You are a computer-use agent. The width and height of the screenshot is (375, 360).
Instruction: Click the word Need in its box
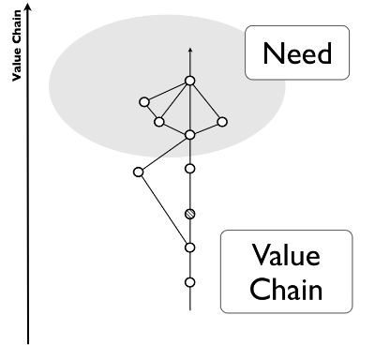pyautogui.click(x=298, y=53)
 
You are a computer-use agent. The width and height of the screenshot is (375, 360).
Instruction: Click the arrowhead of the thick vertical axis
pyautogui.click(x=31, y=7)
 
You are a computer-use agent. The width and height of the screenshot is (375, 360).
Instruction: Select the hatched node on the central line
pyautogui.click(x=189, y=214)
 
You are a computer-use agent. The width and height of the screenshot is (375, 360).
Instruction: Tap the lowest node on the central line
pyautogui.click(x=189, y=281)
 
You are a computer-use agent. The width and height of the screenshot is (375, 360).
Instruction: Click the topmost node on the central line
pyautogui.click(x=189, y=81)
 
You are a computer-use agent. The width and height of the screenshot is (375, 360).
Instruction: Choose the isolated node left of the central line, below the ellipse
pyautogui.click(x=139, y=172)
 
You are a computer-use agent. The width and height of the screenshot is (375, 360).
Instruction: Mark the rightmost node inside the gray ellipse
pyautogui.click(x=222, y=121)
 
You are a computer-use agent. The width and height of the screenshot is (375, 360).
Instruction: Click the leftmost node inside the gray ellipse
pyautogui.click(x=144, y=101)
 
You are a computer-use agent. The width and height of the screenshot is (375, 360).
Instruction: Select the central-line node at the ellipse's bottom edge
pyautogui.click(x=189, y=135)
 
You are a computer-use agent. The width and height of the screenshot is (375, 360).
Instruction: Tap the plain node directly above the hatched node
pyautogui.click(x=189, y=169)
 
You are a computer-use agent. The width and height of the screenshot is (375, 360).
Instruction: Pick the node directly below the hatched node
pyautogui.click(x=189, y=247)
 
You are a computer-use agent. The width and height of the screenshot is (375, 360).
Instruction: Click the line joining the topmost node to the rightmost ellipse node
pyautogui.click(x=206, y=101)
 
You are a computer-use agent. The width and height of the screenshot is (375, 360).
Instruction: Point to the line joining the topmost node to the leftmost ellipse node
pyautogui.click(x=167, y=91)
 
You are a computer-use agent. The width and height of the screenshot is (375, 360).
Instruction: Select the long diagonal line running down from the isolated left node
pyautogui.click(x=164, y=210)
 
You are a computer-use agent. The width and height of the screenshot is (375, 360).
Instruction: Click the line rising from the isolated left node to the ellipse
pyautogui.click(x=164, y=153)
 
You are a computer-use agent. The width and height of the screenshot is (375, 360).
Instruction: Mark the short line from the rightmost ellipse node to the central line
pyautogui.click(x=206, y=128)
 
